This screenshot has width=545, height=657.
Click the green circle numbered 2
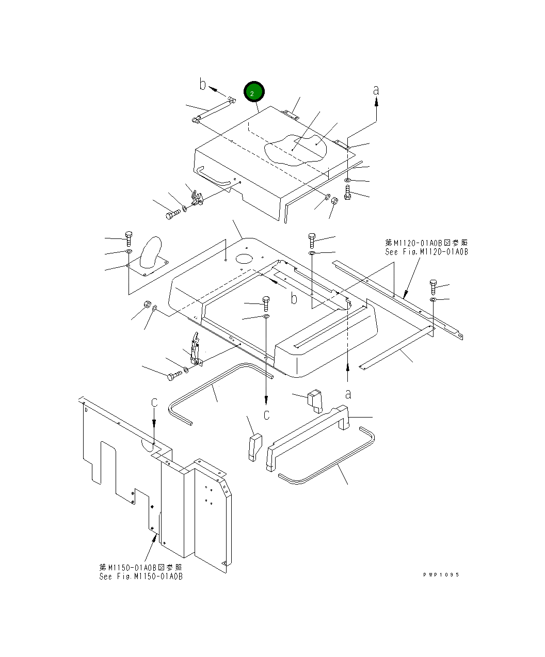click(254, 92)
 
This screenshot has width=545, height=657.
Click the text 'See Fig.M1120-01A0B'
click(426, 252)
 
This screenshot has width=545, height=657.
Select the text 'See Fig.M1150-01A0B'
click(140, 576)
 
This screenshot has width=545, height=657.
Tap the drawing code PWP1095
click(440, 575)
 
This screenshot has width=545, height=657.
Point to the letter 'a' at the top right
click(376, 90)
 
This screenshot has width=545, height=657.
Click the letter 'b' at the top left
click(203, 85)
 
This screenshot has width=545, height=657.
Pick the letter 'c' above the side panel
click(154, 402)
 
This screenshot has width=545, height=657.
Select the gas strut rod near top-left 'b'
click(213, 111)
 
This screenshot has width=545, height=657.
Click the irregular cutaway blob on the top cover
click(295, 149)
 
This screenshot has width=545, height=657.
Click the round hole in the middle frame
click(244, 258)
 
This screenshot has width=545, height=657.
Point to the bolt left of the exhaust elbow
click(129, 238)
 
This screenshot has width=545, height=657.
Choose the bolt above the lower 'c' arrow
click(266, 303)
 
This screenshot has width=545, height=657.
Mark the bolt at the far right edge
click(433, 285)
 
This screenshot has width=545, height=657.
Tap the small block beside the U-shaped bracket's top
click(314, 402)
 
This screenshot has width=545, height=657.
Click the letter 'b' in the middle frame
click(294, 298)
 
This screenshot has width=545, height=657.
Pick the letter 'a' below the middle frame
click(348, 394)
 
